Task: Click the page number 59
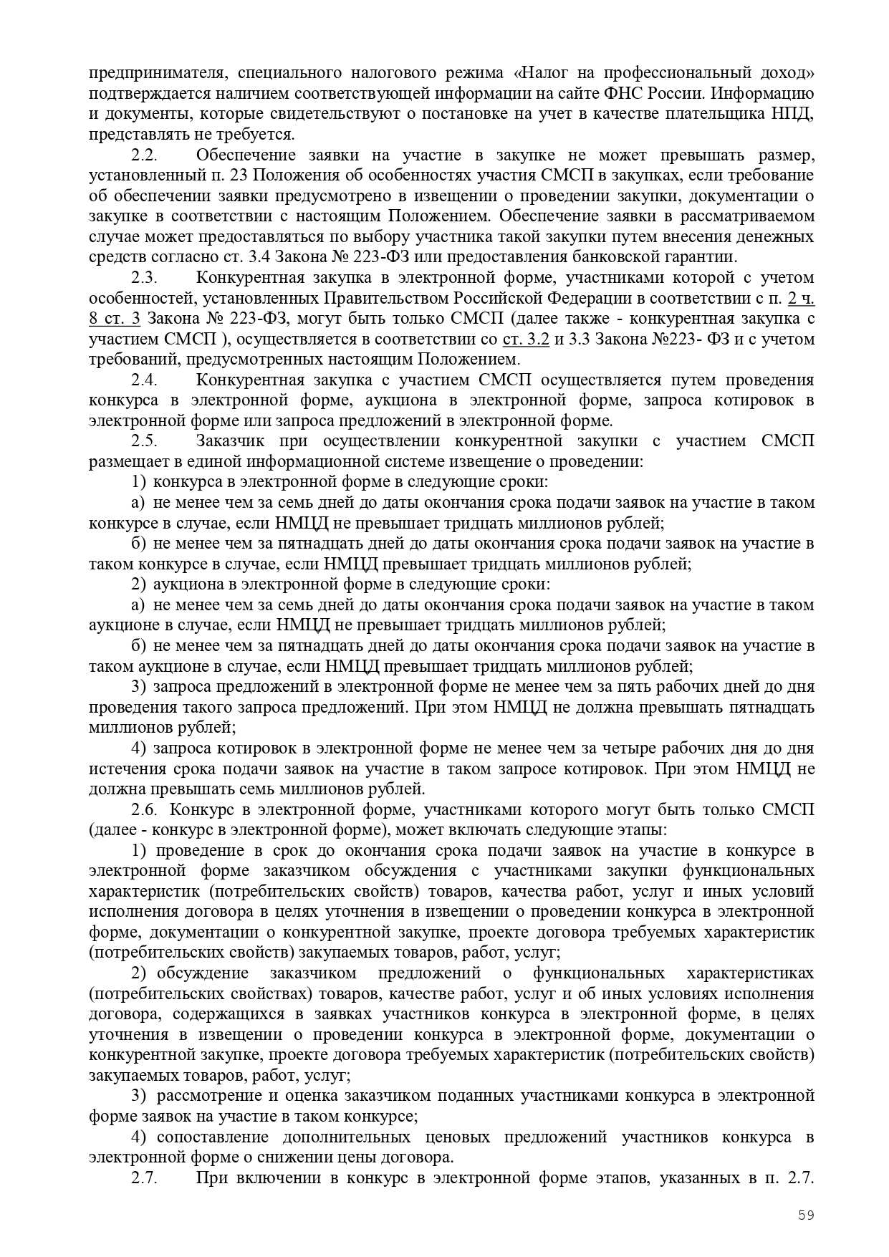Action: point(807,1214)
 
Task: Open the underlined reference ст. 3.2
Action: point(527,339)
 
